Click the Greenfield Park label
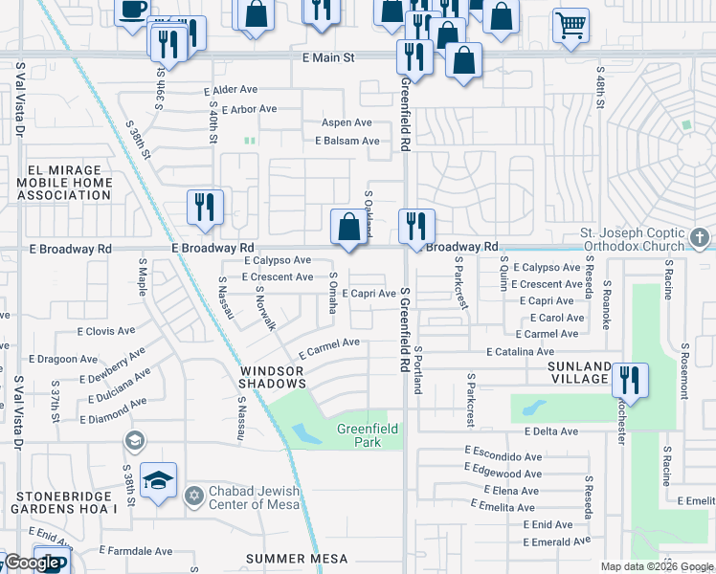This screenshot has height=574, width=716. [x=368, y=436]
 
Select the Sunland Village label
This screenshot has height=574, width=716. [x=578, y=372]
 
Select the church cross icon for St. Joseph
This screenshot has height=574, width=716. [x=700, y=237]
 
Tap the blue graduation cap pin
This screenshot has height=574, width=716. [x=159, y=480]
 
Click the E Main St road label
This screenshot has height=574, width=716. [x=328, y=57]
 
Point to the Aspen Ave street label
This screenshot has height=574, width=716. [x=347, y=122]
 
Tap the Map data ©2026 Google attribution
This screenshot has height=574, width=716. [x=657, y=566]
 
